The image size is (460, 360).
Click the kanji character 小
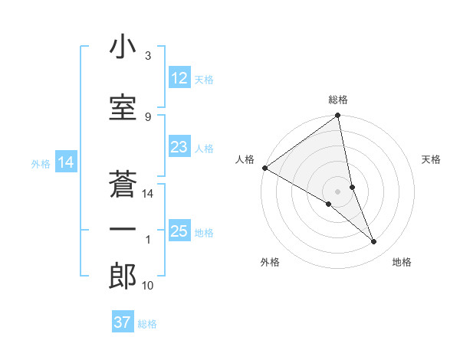[x=123, y=48]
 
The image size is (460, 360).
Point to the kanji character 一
[x=123, y=229]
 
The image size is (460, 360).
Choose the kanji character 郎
[x=123, y=277]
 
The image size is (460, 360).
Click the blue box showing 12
[x=179, y=78]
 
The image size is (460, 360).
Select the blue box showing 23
[x=179, y=148]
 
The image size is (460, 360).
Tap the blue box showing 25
[x=179, y=231]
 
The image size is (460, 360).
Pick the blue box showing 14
[x=65, y=162]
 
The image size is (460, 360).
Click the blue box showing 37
[x=122, y=322]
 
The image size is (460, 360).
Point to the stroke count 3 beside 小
[x=148, y=57]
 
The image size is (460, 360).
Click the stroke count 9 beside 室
[x=148, y=116]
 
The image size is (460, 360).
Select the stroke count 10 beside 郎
[x=148, y=286]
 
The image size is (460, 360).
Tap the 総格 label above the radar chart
[x=337, y=100]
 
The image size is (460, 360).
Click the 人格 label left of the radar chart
[x=245, y=159]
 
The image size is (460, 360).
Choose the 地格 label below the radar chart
[x=402, y=262]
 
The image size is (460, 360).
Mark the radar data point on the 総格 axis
[x=337, y=116]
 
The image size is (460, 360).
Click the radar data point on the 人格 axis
[x=264, y=167]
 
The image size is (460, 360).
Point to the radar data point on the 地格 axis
[x=374, y=242]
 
